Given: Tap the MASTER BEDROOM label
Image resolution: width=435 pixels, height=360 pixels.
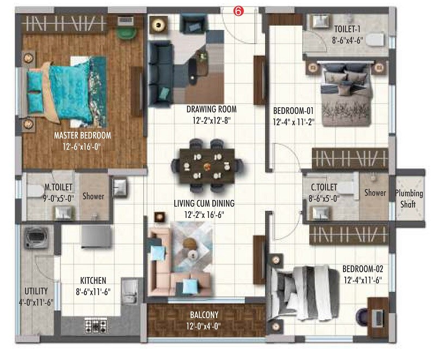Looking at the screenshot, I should click(x=83, y=135).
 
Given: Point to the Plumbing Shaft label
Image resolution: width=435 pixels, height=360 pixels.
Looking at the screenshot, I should click(x=409, y=198).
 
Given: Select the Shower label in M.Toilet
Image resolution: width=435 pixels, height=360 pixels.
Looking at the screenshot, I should click(x=94, y=197).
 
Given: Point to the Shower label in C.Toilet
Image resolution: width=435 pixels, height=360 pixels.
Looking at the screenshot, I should click(x=375, y=192).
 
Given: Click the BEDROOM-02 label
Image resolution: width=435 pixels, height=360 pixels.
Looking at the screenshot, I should click(x=363, y=269).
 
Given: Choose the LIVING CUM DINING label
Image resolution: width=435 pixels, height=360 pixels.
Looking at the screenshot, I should click(x=204, y=203).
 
